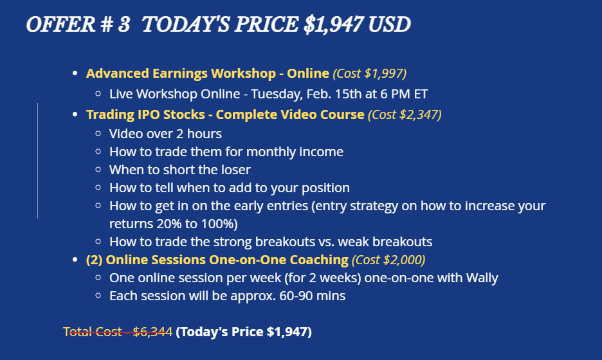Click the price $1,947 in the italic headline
pyautogui.click(x=333, y=24)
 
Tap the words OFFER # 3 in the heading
pyautogui.click(x=78, y=24)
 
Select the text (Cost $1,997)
pyautogui.click(x=369, y=73)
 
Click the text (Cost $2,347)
pyautogui.click(x=405, y=114)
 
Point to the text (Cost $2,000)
pyautogui.click(x=388, y=260)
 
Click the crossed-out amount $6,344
pyautogui.click(x=153, y=332)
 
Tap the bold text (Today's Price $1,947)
pyautogui.click(x=244, y=332)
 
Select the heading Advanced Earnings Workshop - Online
pyautogui.click(x=208, y=73)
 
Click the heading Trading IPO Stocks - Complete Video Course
pyautogui.click(x=225, y=114)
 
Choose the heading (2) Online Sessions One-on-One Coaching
pyautogui.click(x=217, y=260)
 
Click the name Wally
pyautogui.click(x=482, y=278)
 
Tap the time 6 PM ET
pyautogui.click(x=404, y=94)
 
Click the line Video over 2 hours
pyautogui.click(x=165, y=134)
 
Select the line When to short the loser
pyautogui.click(x=180, y=170)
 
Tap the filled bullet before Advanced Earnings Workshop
pyautogui.click(x=75, y=73)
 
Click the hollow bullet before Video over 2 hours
pyautogui.click(x=98, y=134)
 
